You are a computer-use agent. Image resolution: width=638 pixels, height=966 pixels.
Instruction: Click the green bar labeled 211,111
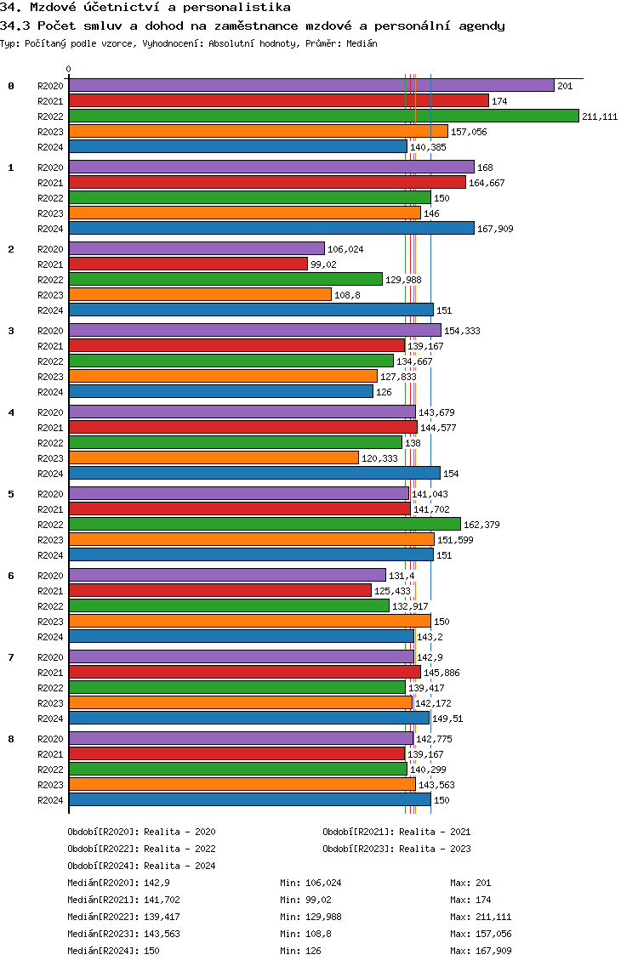pyautogui.click(x=323, y=116)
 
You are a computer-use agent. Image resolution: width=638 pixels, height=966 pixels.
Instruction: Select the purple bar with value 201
pyautogui.click(x=311, y=85)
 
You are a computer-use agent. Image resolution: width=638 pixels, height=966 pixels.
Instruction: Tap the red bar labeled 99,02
pyautogui.click(x=188, y=264)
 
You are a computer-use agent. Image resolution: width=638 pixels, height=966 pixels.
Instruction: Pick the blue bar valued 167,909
pyautogui.click(x=271, y=228)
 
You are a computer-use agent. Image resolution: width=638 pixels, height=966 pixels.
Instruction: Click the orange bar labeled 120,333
pyautogui.click(x=214, y=457)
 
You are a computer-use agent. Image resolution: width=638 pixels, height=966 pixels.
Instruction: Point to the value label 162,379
pyautogui.click(x=481, y=525)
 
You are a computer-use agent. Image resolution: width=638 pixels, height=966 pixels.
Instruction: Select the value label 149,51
pyautogui.click(x=447, y=719)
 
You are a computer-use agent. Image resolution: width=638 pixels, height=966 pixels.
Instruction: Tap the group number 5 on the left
pyautogui.click(x=11, y=494)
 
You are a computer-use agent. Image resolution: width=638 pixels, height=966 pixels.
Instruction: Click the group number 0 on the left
pyautogui.click(x=11, y=86)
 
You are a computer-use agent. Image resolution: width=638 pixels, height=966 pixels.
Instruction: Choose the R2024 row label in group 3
pyautogui.click(x=51, y=392)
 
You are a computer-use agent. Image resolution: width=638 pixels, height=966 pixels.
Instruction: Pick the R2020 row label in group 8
pyautogui.click(x=51, y=739)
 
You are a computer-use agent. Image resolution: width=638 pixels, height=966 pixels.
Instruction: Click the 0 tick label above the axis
pyautogui.click(x=69, y=70)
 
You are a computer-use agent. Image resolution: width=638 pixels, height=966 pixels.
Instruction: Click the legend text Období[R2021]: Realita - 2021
pyautogui.click(x=396, y=832)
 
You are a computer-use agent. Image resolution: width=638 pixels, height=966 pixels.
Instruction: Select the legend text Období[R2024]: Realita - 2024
pyautogui.click(x=141, y=866)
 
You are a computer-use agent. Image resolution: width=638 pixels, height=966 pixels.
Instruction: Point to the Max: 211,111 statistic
pyautogui.click(x=481, y=917)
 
